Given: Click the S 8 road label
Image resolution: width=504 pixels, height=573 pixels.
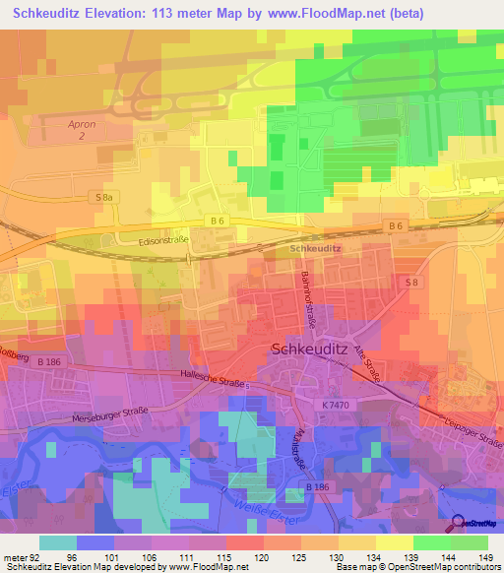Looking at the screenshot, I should (413, 283).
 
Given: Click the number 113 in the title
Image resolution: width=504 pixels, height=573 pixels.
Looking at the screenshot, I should (171, 13).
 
